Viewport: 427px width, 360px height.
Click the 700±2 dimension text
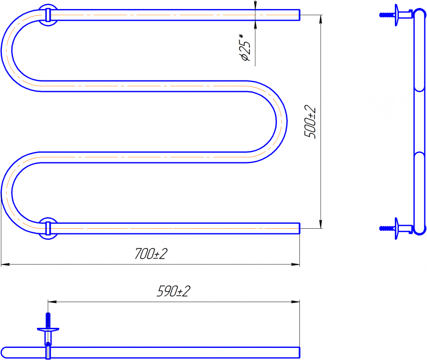coord(151,254)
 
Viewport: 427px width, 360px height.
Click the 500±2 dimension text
coord(310,122)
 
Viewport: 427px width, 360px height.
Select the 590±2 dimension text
coord(174,291)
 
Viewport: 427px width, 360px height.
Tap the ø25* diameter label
coord(244,47)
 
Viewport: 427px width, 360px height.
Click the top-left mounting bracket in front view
coord(48,15)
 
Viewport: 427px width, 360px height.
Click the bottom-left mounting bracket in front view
coord(48,228)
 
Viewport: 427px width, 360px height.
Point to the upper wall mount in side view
coord(396,15)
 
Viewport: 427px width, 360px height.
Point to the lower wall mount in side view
coord(396,228)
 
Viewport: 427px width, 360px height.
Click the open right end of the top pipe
coord(299,15)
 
